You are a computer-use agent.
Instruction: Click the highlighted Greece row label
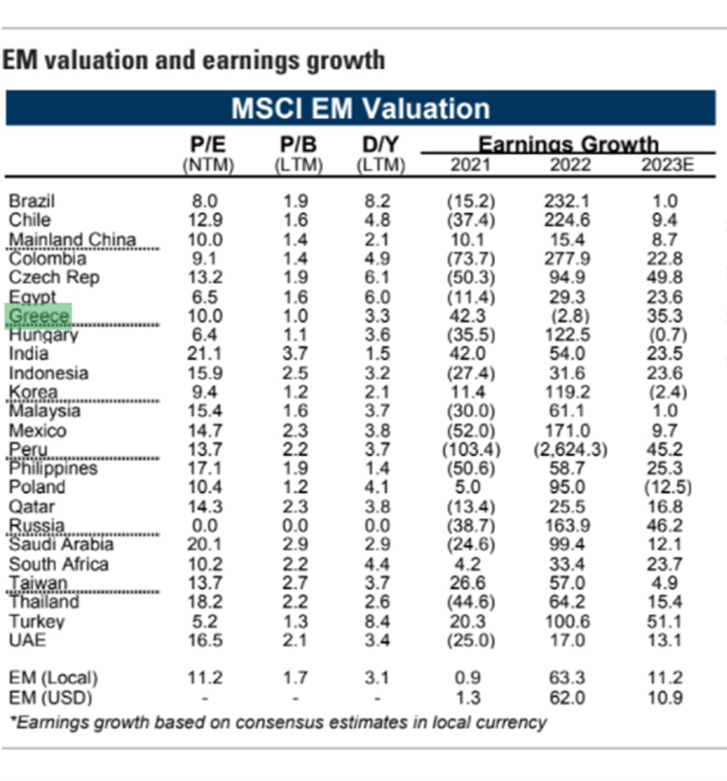coord(38,316)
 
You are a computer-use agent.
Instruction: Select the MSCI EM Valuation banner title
coord(360,108)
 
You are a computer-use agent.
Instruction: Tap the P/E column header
coord(208,146)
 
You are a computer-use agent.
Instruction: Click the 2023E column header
coord(667,164)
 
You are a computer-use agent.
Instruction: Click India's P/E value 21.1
coord(207,354)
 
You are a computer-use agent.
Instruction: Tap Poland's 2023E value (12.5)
coord(666,487)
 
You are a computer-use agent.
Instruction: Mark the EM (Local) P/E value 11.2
coord(207,677)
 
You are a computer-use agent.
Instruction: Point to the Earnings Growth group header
coord(568,145)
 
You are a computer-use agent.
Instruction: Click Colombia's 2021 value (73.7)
coord(470,259)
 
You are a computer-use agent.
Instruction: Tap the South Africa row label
coord(59,564)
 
